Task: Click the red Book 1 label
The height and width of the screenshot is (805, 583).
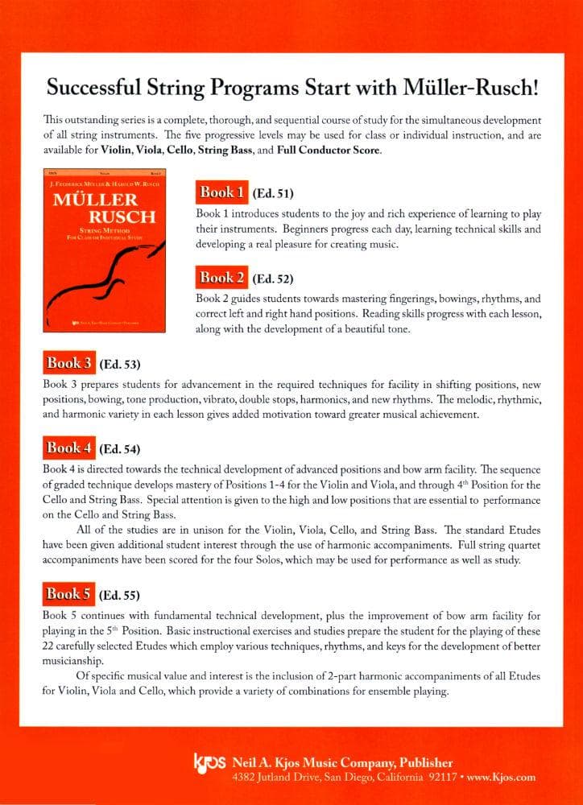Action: (x=221, y=192)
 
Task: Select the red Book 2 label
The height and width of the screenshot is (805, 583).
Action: (x=221, y=279)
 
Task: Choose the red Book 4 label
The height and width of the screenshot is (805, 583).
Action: (x=69, y=448)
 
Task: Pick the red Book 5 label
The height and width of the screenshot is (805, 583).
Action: (x=69, y=595)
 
